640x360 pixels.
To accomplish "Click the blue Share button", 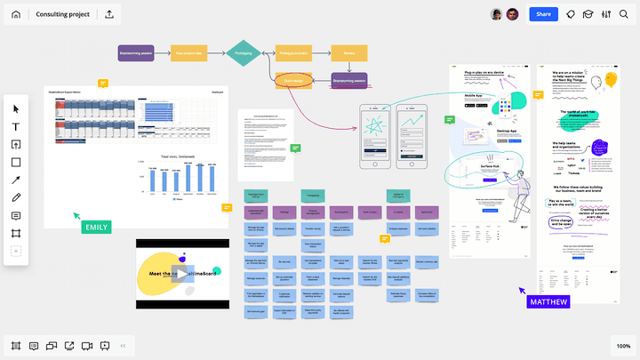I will (542, 14).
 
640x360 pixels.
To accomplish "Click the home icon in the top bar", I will (15, 14).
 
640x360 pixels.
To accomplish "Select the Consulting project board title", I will (63, 14).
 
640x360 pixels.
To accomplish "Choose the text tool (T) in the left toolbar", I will (15, 127).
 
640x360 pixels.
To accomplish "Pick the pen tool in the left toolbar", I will (15, 197).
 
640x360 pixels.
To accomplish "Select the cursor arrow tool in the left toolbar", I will (15, 108).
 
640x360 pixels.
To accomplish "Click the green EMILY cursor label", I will (96, 228).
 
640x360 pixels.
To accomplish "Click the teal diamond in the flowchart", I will (242, 53).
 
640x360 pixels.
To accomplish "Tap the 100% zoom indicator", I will (622, 346).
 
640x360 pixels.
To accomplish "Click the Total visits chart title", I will (180, 157).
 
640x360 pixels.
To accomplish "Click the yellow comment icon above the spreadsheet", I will (104, 83).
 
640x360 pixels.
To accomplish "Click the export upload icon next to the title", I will (108, 14).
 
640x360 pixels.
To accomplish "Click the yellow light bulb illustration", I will (611, 81).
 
